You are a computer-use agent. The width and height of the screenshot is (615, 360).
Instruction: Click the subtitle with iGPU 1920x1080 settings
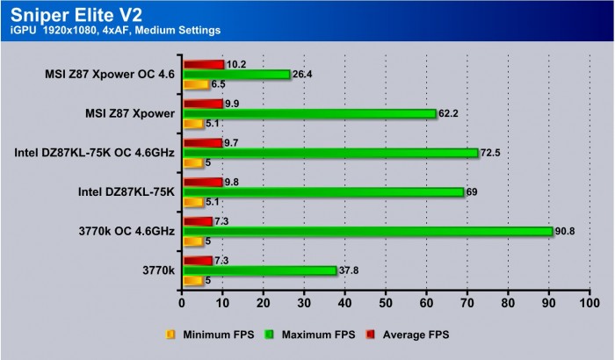click(116, 31)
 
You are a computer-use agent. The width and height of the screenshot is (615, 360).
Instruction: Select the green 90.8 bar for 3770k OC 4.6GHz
click(367, 232)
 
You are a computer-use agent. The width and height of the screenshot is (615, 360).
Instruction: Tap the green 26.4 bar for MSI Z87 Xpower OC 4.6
click(235, 75)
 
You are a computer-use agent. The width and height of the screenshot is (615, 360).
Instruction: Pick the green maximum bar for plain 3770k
click(259, 270)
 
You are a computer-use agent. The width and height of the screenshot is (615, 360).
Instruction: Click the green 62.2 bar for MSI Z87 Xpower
click(308, 113)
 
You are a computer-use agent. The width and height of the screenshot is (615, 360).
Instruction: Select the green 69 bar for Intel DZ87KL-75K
click(322, 191)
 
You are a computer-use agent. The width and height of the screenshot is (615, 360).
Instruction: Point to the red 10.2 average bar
click(203, 64)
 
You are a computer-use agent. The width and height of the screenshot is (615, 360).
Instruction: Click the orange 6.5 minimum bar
click(195, 84)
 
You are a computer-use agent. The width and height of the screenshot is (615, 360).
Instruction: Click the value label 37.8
click(351, 270)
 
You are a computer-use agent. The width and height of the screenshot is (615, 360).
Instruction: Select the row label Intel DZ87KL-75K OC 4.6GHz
click(94, 153)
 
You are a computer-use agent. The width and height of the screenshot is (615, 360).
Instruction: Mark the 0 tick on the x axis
click(182, 303)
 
